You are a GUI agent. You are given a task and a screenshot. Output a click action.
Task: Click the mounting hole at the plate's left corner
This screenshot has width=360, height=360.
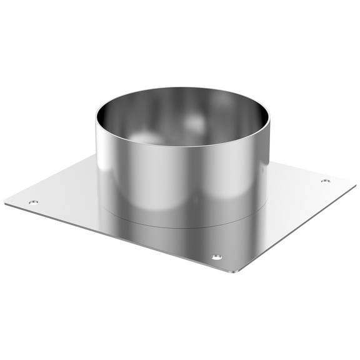pyautogui.click(x=33, y=202)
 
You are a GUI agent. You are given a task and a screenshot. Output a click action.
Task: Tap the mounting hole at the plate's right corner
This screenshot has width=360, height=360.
pyautogui.click(x=325, y=181)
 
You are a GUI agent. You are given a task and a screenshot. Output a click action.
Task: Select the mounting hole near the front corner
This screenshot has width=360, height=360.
pyautogui.click(x=216, y=257)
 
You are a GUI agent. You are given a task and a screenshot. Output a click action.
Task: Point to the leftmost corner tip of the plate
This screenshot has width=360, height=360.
pyautogui.click(x=6, y=202)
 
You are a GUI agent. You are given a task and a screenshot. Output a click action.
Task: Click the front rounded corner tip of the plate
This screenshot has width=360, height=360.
pyautogui.click(x=232, y=272)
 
